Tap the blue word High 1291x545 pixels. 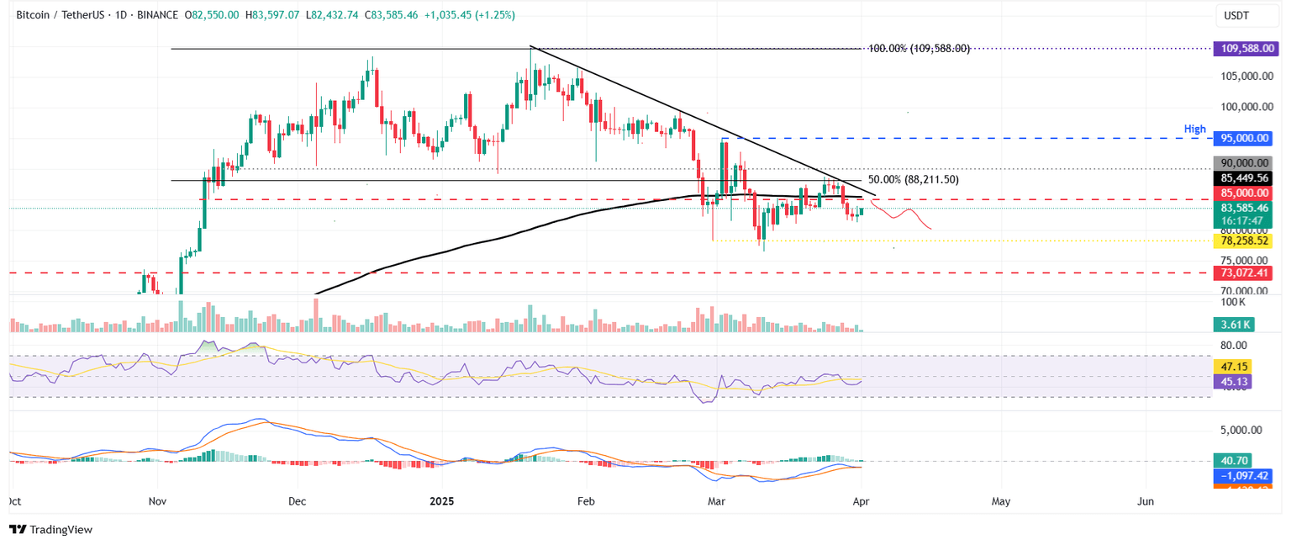(x=1195, y=129)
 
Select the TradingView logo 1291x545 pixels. (x=50, y=529)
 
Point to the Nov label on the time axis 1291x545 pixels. (x=157, y=501)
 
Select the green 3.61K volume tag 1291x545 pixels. (x=1233, y=325)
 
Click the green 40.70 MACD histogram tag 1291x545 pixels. (x=1231, y=460)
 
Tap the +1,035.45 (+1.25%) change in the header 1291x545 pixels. (x=472, y=15)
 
